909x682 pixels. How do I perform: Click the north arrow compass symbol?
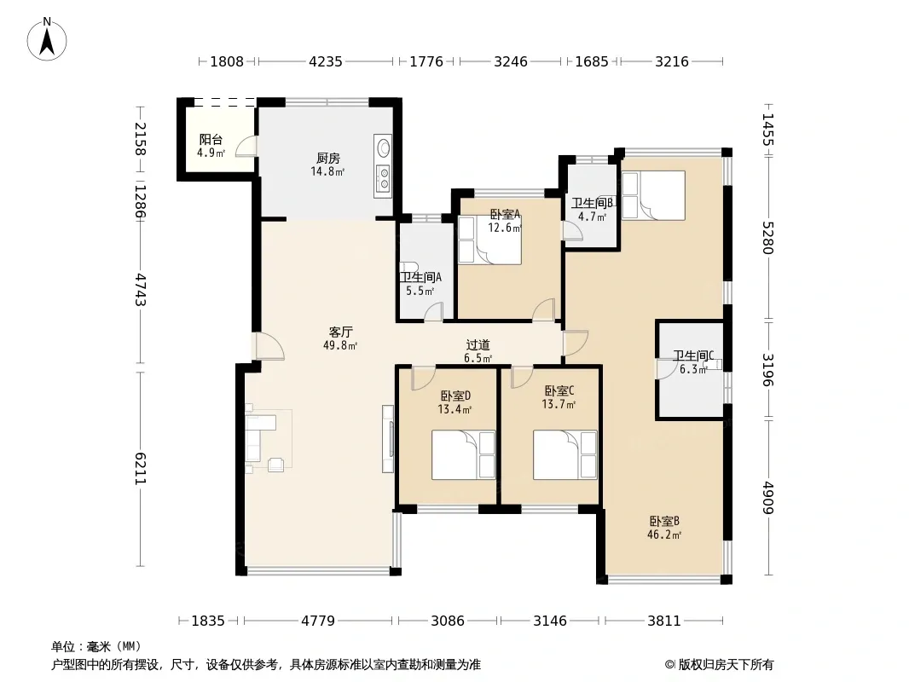[x=47, y=39]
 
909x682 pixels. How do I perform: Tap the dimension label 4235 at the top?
[x=326, y=61]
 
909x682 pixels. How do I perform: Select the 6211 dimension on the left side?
[x=141, y=469]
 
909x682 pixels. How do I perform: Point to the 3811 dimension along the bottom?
[x=663, y=621]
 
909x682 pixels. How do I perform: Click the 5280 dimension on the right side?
[x=767, y=238]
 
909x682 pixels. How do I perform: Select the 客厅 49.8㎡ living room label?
[x=340, y=338]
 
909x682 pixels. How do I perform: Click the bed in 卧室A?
[x=489, y=240]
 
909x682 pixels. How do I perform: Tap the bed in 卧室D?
[x=463, y=455]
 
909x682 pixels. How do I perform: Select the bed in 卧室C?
[x=565, y=455]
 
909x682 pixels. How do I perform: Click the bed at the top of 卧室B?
[x=653, y=195]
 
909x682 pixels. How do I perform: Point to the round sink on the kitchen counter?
[x=383, y=147]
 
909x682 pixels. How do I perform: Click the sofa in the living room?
[x=260, y=437]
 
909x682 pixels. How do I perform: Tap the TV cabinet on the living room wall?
[x=388, y=439]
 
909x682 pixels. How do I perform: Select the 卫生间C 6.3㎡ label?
[x=692, y=362]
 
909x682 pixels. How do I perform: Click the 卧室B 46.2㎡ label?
[x=664, y=528]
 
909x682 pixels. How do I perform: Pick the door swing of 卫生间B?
[x=573, y=230]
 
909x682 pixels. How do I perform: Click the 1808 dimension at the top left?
[x=227, y=61]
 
